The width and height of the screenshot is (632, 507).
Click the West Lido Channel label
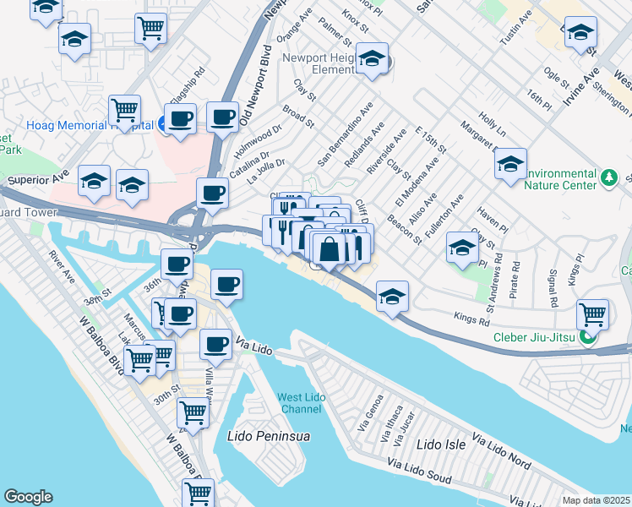299,403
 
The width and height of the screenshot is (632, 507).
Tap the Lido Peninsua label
270,437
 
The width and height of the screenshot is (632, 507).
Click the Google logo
28,497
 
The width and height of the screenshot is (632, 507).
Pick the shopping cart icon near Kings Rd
592,314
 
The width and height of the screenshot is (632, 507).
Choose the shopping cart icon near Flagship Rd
124,109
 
